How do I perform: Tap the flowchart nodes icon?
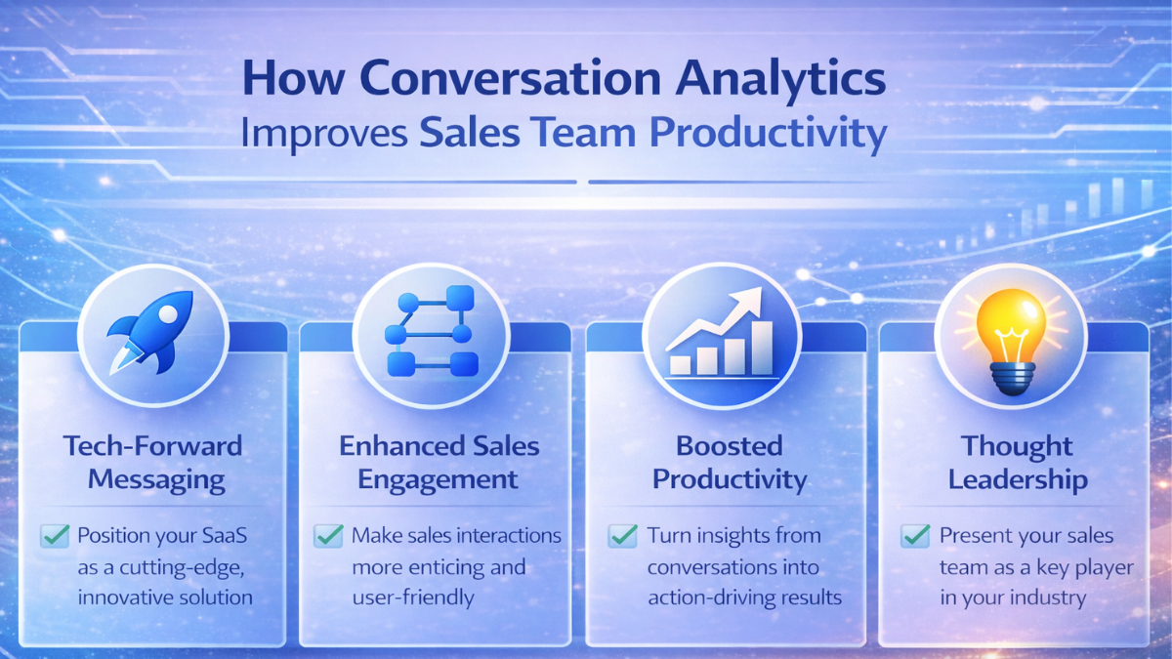pyautogui.click(x=431, y=332)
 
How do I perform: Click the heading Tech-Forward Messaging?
pyautogui.click(x=152, y=463)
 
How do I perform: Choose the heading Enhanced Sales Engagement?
pyautogui.click(x=439, y=463)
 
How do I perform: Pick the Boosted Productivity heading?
pyautogui.click(x=730, y=463)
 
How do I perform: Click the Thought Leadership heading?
pyautogui.click(x=1017, y=463)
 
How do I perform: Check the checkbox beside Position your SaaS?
pyautogui.click(x=55, y=535)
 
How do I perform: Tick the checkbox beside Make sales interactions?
pyautogui.click(x=328, y=535)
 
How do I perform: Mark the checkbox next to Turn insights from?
pyautogui.click(x=622, y=536)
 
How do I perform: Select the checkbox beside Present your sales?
pyautogui.click(x=915, y=535)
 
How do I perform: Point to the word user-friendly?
pyautogui.click(x=412, y=597)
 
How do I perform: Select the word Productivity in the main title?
pyautogui.click(x=775, y=134)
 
